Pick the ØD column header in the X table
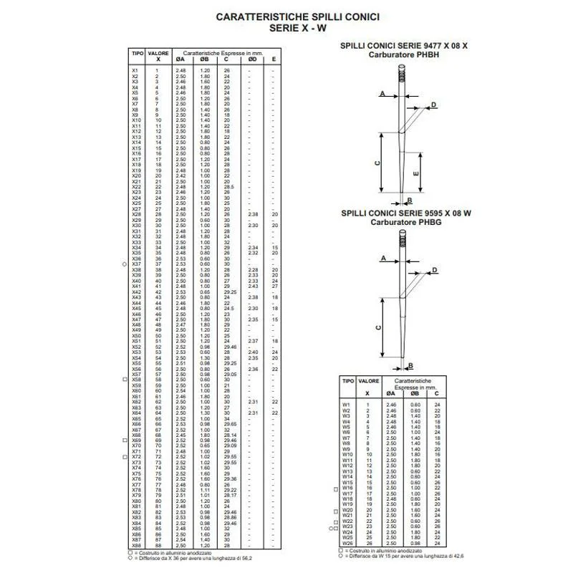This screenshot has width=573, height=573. point(252,59)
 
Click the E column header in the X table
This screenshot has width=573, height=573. point(274,59)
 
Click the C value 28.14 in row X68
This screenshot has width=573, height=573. point(230,435)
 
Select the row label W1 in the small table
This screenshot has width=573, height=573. point(346,405)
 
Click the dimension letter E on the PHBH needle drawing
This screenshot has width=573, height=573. point(416,174)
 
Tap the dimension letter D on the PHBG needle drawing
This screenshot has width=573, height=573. point(435,270)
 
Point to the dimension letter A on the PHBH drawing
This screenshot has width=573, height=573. point(383,94)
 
